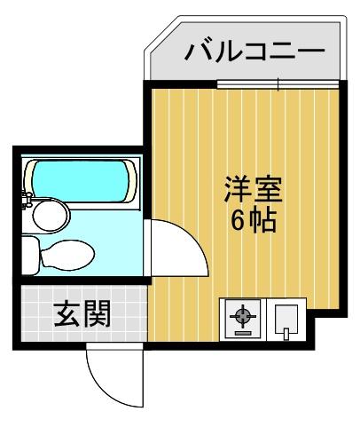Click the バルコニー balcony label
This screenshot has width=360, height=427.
point(255,51)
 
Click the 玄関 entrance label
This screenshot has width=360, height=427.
point(82,315)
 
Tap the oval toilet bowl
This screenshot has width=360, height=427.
point(69,254)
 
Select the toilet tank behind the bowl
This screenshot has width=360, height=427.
point(29,256)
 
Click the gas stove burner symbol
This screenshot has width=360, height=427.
point(242,318)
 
